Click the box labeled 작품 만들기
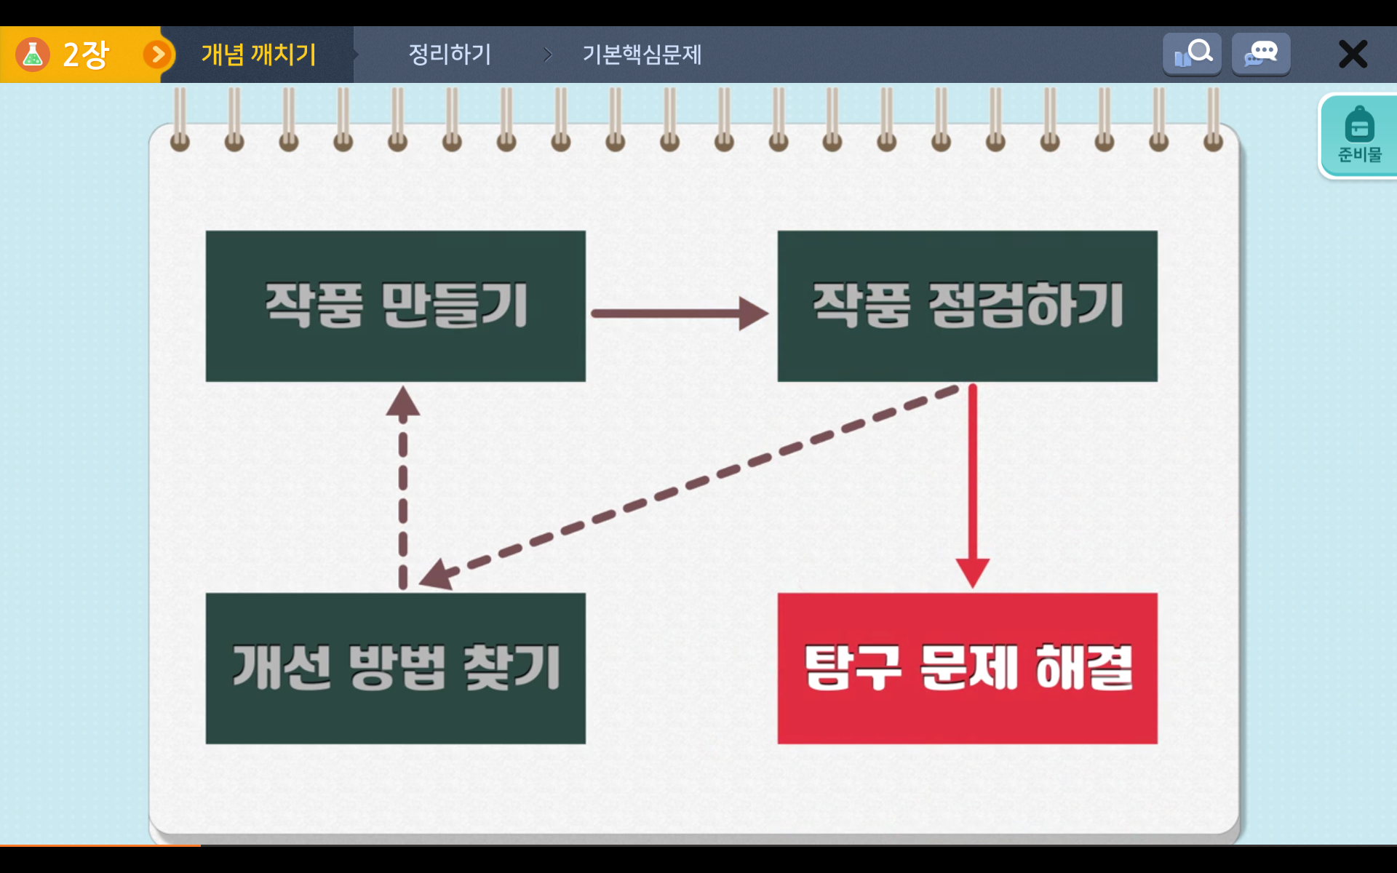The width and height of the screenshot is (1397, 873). [395, 306]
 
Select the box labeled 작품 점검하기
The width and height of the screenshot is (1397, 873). [967, 306]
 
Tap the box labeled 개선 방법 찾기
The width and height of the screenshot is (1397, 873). [395, 668]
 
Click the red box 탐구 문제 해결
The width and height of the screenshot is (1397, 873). [967, 668]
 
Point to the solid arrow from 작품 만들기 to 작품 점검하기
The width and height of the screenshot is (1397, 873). [680, 314]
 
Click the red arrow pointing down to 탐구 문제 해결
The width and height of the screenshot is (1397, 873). [973, 486]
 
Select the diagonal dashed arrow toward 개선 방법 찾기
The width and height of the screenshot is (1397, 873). [690, 486]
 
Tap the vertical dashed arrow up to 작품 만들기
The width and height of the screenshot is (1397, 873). [403, 487]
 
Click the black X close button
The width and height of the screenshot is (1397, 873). [1353, 55]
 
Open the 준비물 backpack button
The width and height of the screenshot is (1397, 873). [1358, 136]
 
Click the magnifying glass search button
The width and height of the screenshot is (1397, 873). [1192, 54]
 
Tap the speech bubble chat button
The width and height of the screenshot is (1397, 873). [1261, 54]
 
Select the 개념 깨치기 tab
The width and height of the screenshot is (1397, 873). [258, 55]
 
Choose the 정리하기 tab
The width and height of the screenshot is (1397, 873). [450, 55]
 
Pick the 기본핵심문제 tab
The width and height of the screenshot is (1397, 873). [642, 55]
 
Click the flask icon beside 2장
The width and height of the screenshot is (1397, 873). [33, 55]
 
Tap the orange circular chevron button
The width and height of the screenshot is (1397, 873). [158, 55]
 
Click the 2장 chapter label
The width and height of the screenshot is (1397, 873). [86, 55]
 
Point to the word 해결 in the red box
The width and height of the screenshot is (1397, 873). [1084, 667]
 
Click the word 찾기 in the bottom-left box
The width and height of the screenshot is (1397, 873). [512, 667]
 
